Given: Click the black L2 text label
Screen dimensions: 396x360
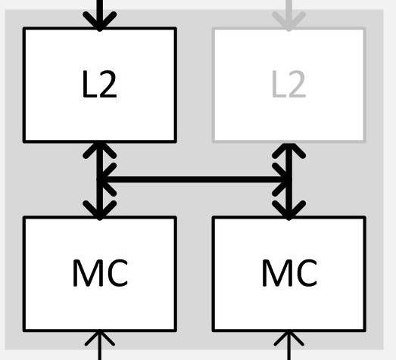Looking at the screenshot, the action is (99, 84).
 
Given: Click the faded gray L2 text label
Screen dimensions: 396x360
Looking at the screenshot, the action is (288, 84).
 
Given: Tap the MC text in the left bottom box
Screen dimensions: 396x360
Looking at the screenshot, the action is (100, 273).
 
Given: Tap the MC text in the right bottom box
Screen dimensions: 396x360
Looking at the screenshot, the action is (289, 273).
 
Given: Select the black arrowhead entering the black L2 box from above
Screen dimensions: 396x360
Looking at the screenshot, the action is (100, 21).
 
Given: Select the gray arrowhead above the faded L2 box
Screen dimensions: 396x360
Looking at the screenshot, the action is (289, 21).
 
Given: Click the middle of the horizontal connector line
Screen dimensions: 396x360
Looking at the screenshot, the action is (195, 179).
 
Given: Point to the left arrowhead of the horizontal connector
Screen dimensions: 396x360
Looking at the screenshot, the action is (106, 179).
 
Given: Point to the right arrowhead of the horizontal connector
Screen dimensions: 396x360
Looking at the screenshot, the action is (282, 179).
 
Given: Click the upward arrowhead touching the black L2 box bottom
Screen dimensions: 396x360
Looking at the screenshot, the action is (100, 151).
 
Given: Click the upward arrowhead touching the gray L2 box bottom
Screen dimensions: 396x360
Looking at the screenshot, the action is (289, 151).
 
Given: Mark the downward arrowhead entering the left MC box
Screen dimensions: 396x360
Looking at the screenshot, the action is (100, 210).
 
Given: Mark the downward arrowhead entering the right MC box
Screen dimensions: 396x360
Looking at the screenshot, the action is (289, 210).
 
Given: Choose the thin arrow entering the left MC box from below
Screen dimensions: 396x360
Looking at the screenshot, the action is (100, 345).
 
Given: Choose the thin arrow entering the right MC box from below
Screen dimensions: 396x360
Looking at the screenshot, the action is (289, 345).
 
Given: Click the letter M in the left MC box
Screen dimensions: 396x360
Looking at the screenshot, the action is (86, 273).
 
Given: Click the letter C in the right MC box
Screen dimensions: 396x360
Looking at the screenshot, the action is (307, 273).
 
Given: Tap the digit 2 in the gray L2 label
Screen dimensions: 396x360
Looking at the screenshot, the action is (298, 84).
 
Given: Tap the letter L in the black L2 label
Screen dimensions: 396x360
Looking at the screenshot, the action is (89, 84).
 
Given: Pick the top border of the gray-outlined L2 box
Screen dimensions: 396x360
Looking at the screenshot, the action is (289, 28).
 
